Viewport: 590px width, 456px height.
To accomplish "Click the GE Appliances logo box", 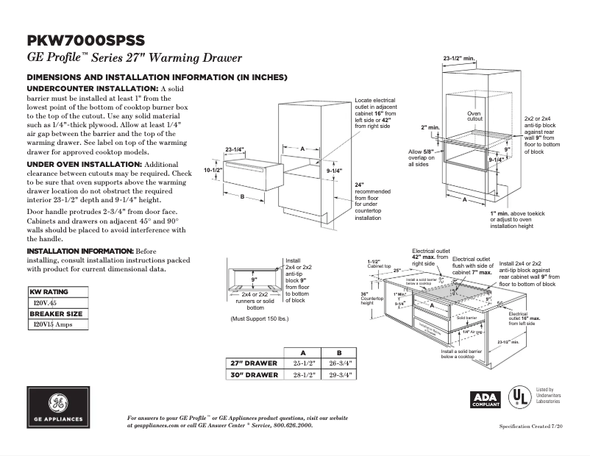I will pyautogui.click(x=58, y=407).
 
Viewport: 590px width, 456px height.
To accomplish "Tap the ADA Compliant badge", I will pyautogui.click(x=486, y=398).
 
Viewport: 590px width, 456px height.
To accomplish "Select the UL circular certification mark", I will pyautogui.click(x=521, y=397).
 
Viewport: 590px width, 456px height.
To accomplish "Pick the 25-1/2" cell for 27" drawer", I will pyautogui.click(x=303, y=363).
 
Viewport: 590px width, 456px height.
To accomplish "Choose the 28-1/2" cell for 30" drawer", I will pyautogui.click(x=303, y=374).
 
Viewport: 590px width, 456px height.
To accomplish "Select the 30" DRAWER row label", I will pyautogui.click(x=255, y=374).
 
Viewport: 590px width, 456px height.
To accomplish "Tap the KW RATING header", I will pyautogui.click(x=49, y=292).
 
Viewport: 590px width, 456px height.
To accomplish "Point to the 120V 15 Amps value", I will pyautogui.click(x=54, y=324).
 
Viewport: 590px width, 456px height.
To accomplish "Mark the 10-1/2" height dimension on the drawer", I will pyautogui.click(x=212, y=170).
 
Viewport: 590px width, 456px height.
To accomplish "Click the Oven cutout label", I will pyautogui.click(x=475, y=116).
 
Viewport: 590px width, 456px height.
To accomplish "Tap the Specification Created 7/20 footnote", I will pyautogui.click(x=536, y=427).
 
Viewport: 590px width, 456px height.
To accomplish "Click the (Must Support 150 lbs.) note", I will pyautogui.click(x=260, y=318).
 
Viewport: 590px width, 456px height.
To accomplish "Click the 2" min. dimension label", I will pyautogui.click(x=430, y=127).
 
